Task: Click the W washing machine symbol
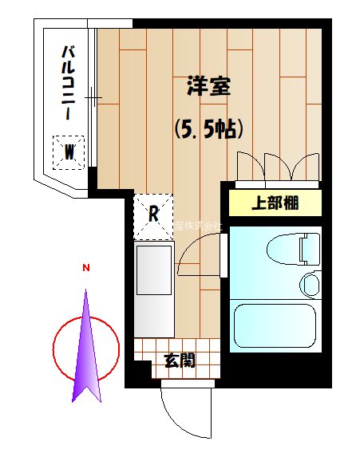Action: click(70, 151)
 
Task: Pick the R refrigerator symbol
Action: click(153, 215)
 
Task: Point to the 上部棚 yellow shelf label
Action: click(275, 203)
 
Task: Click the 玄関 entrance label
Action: click(180, 360)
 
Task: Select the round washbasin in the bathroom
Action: click(310, 283)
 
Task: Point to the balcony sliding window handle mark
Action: click(93, 99)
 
